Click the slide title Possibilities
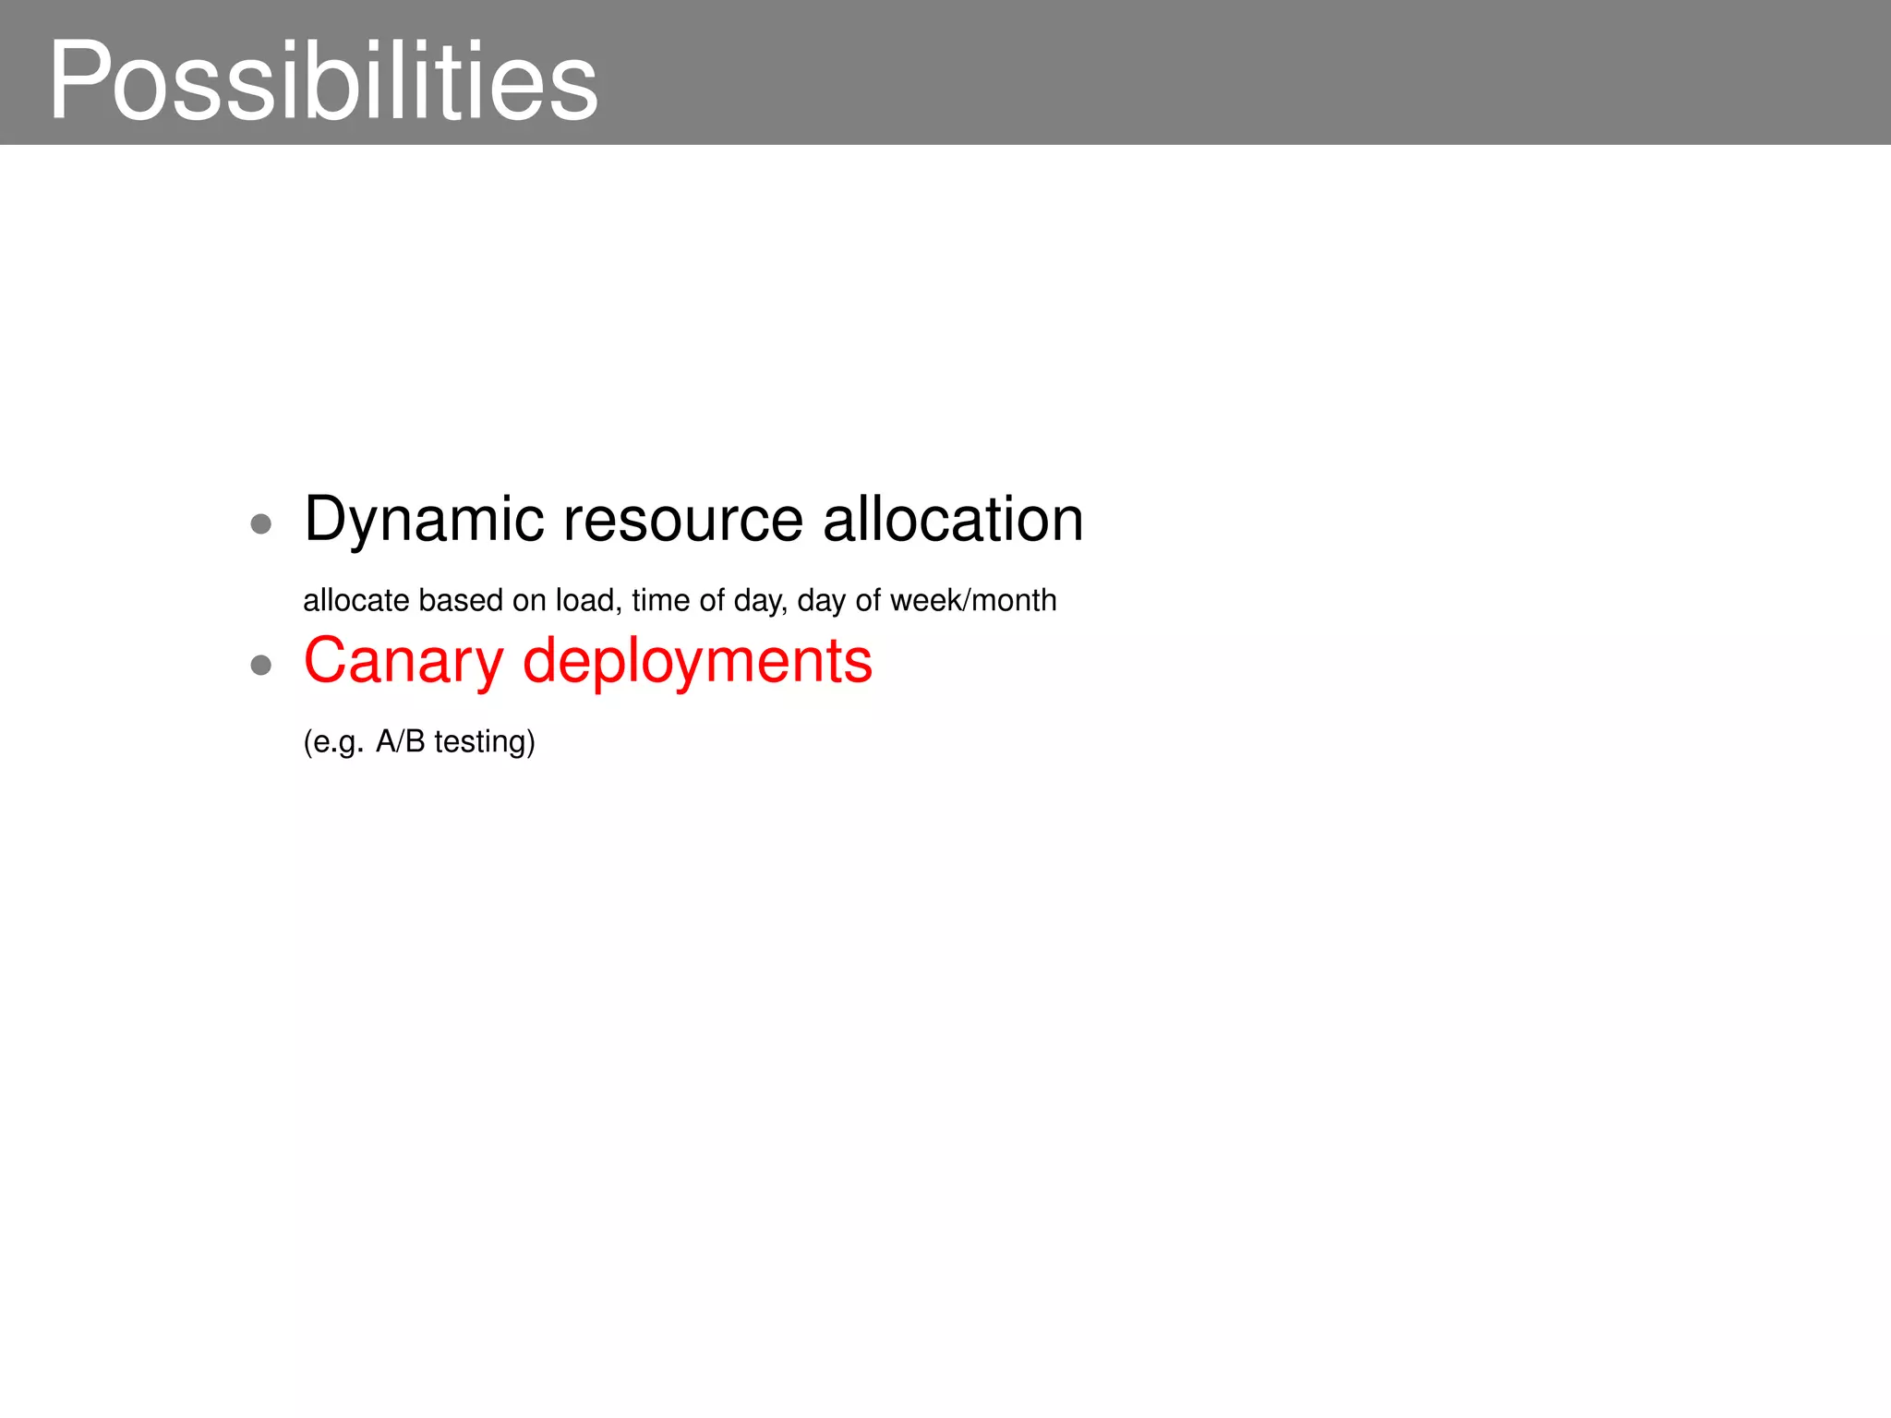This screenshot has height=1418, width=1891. click(323, 81)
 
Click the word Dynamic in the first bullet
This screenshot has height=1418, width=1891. click(424, 520)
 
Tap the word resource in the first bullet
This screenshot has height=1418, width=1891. click(683, 520)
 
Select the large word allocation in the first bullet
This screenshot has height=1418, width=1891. click(953, 520)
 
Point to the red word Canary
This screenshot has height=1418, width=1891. click(403, 661)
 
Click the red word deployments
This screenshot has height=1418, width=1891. click(697, 661)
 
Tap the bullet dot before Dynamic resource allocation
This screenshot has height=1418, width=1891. click(261, 524)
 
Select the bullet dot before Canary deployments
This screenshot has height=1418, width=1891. click(261, 665)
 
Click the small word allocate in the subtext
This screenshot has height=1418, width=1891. click(355, 600)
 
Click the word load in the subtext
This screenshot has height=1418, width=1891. click(587, 600)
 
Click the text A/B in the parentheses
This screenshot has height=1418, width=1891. click(400, 741)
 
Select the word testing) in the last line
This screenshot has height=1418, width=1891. click(485, 741)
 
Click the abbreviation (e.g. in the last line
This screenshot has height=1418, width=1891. click(333, 741)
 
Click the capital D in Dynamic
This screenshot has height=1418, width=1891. click(326, 520)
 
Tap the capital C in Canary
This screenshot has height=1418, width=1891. click(328, 661)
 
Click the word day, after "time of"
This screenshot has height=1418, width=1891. click(760, 600)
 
